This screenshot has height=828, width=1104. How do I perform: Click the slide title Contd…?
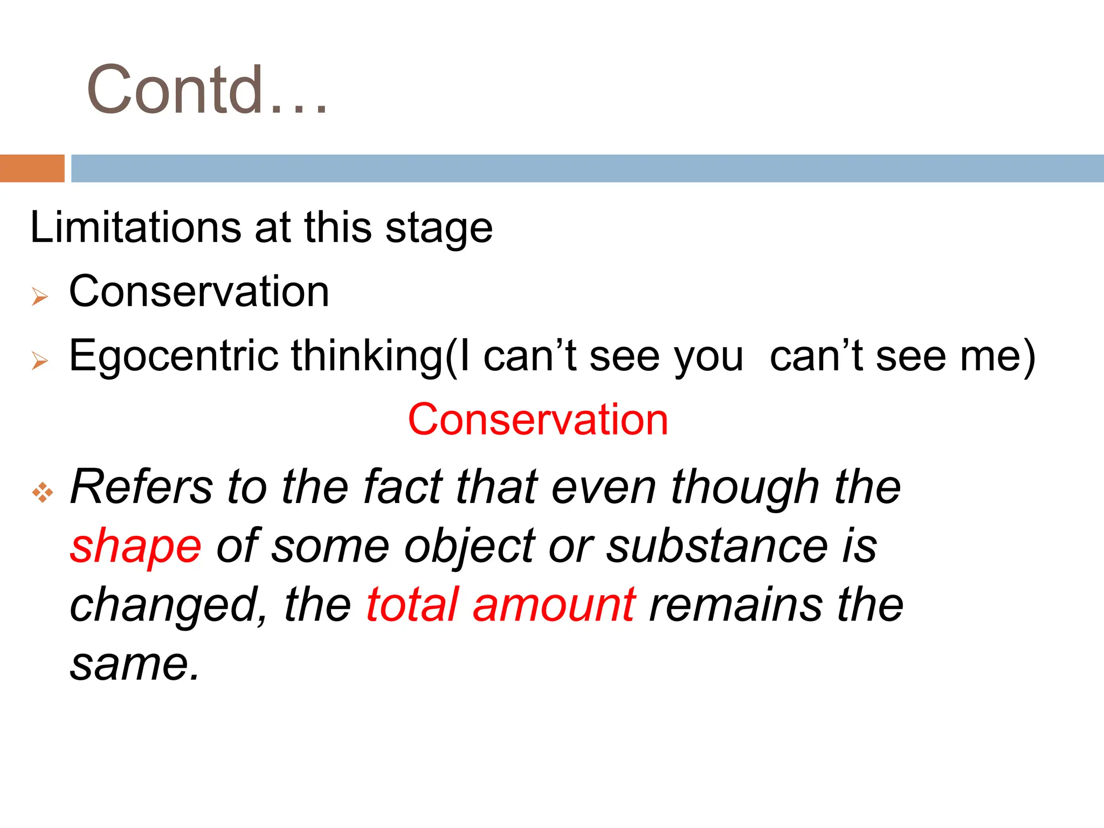tap(207, 89)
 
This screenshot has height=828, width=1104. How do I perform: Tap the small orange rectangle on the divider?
tap(32, 168)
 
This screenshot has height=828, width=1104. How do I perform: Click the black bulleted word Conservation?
tap(199, 292)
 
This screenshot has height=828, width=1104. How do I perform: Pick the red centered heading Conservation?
tap(538, 420)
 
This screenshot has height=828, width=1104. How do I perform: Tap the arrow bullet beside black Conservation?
tap(40, 296)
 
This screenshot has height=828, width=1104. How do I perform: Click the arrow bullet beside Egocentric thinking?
tap(40, 360)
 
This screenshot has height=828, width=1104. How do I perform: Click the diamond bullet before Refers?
tap(42, 493)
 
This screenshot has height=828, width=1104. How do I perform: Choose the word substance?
tap(717, 547)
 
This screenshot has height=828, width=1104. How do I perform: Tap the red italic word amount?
tap(554, 605)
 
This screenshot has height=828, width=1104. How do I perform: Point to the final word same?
tap(135, 664)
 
